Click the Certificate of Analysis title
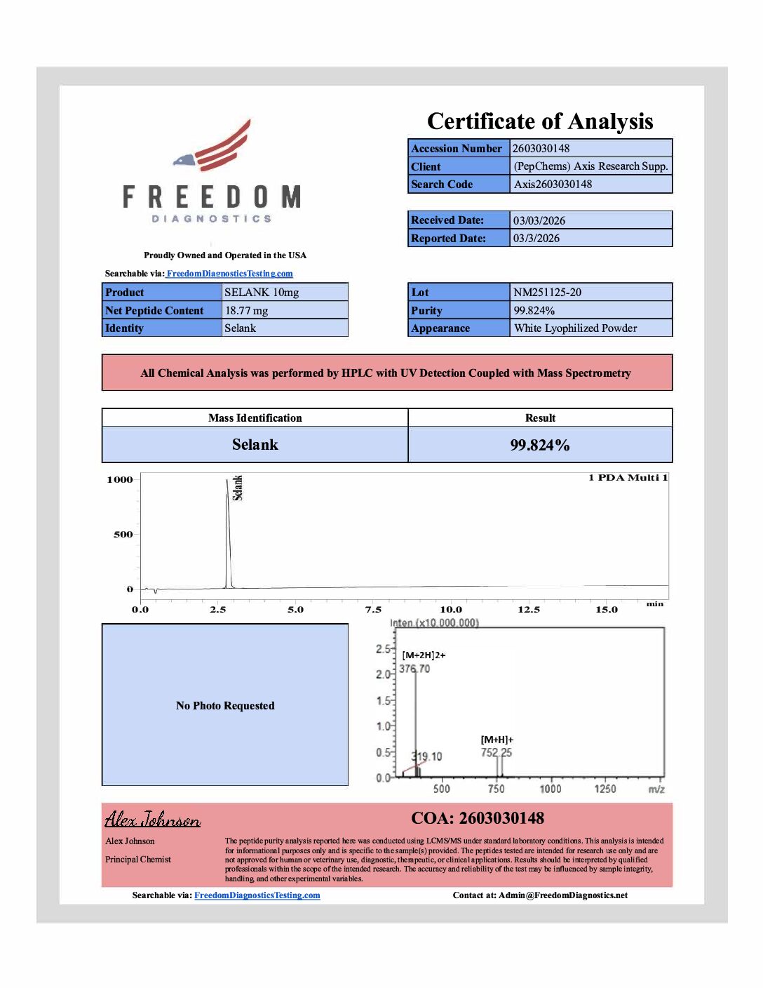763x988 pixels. point(540,121)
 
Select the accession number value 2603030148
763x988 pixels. point(541,148)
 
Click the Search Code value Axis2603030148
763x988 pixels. point(553,184)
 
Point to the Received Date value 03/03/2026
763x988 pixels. point(539,220)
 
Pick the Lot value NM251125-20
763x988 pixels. point(547,292)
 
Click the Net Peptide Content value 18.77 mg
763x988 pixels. point(246,310)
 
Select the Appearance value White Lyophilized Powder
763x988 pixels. point(575,328)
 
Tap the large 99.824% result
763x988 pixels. point(539,445)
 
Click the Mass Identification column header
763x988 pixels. point(255,418)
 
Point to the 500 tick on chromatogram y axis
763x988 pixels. point(123,534)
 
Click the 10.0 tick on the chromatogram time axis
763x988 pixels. point(451,609)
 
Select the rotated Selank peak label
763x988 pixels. point(238,488)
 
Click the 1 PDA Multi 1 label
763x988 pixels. point(628,478)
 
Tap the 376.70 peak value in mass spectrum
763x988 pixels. point(414,669)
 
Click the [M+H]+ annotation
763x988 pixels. point(497,740)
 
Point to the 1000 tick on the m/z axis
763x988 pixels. point(551,789)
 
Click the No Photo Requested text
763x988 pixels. point(225,705)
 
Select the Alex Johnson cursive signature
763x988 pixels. point(152,819)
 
